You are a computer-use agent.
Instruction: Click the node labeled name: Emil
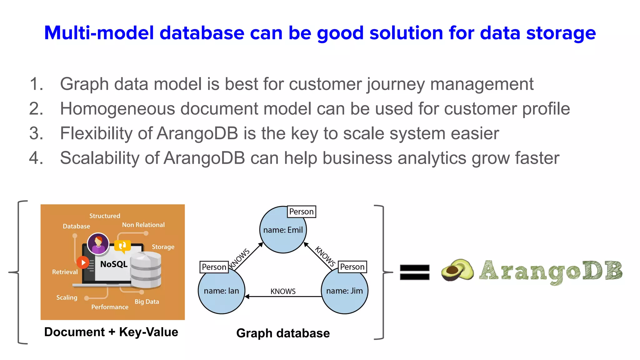click(283, 230)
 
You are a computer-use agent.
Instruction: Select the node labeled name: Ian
click(221, 291)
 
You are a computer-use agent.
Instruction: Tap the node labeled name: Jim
click(344, 291)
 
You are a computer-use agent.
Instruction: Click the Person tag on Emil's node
click(301, 212)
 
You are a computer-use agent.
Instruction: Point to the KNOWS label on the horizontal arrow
click(283, 291)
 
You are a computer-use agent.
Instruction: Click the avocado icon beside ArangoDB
click(457, 270)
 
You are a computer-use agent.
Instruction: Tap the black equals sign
click(415, 272)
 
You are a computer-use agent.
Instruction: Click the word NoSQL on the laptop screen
click(114, 264)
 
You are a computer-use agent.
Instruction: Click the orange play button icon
click(83, 262)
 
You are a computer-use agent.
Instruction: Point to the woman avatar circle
click(98, 243)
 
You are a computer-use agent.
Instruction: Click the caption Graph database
click(283, 333)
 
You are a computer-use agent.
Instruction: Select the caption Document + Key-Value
click(111, 332)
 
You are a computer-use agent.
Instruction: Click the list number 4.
click(36, 158)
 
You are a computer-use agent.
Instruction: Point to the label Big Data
click(147, 302)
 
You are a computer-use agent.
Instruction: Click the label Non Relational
click(143, 225)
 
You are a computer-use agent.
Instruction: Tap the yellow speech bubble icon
click(122, 246)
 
